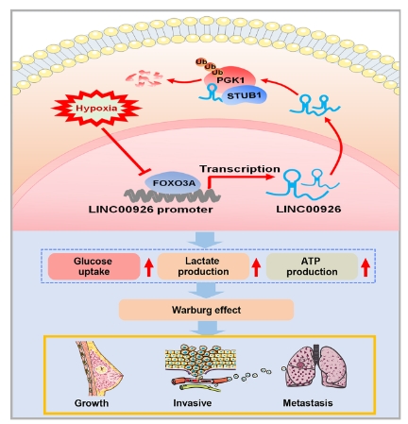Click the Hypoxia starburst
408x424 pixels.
click(x=96, y=108)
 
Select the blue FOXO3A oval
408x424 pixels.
click(x=173, y=182)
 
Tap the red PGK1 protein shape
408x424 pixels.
click(x=229, y=77)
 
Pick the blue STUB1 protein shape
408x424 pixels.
click(x=245, y=95)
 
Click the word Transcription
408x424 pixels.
click(x=240, y=169)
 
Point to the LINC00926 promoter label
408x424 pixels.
click(x=150, y=210)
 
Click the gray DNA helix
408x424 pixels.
click(x=172, y=196)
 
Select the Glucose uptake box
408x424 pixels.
click(x=93, y=266)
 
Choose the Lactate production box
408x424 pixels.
click(x=203, y=266)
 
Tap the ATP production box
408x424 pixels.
click(x=312, y=266)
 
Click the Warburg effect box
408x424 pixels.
click(x=206, y=310)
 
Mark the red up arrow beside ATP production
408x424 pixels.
click(x=365, y=267)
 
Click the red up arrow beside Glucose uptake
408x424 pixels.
click(x=149, y=267)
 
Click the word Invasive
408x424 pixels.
click(x=192, y=403)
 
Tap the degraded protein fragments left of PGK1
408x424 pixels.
click(x=144, y=78)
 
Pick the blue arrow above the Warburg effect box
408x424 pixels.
click(x=206, y=290)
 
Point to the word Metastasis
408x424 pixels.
click(x=308, y=403)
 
